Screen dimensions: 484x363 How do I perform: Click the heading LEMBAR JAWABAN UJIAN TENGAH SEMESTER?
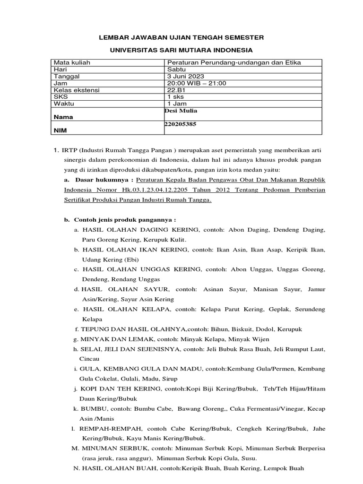click(181, 37)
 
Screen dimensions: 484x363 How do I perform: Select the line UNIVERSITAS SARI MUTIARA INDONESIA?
click(181, 50)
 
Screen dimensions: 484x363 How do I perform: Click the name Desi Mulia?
click(180, 111)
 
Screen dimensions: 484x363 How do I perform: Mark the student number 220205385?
click(180, 124)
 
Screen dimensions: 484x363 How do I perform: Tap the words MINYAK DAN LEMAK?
click(111, 339)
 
